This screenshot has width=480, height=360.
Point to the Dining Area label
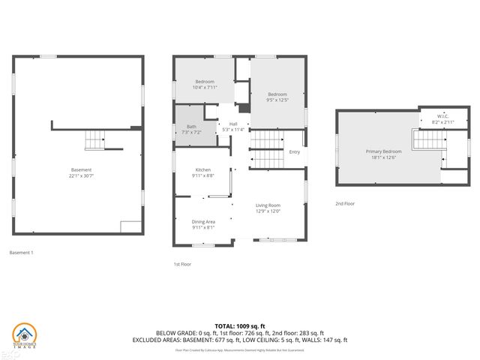click(203, 222)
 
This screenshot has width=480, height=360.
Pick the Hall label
click(233, 124)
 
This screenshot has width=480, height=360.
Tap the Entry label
click(294, 152)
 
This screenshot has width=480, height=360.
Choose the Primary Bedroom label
click(383, 151)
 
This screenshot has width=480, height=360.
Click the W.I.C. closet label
click(443, 116)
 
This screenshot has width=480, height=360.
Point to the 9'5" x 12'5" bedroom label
click(277, 97)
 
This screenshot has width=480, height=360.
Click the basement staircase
click(96, 140)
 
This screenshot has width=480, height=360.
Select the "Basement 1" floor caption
click(21, 253)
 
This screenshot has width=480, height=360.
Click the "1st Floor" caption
click(182, 264)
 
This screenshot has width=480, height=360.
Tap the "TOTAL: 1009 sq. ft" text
click(240, 325)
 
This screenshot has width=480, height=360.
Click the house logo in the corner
click(26, 335)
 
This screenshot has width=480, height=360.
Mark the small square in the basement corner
click(130, 226)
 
